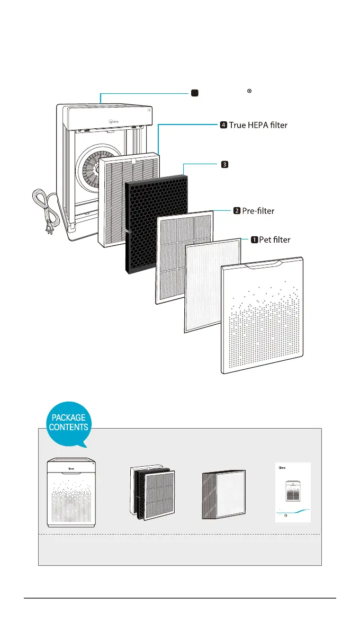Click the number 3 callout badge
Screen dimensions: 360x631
[224, 164]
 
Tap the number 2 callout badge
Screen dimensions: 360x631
[237, 210]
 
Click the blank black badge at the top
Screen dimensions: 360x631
[194, 93]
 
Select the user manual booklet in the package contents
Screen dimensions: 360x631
[292, 493]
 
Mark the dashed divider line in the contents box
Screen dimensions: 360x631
[180, 535]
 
